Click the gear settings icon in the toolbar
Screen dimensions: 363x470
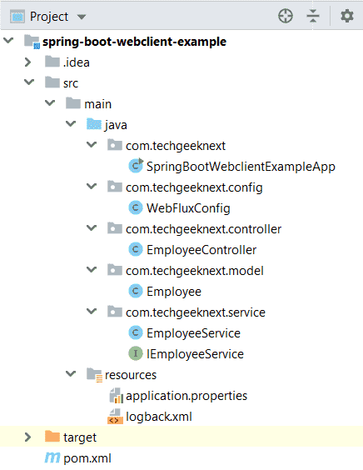pos(347,16)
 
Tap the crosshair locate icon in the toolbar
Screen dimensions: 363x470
pos(286,16)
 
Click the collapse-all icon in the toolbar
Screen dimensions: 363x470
pos(313,16)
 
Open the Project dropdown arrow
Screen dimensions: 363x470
pos(81,17)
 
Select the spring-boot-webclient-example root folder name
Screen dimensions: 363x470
pos(134,42)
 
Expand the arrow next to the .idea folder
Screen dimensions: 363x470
pos(27,62)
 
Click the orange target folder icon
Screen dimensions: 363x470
pos(52,437)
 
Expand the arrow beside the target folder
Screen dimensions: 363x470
pos(27,437)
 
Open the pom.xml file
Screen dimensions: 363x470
pos(87,458)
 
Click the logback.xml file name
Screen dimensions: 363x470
pos(159,417)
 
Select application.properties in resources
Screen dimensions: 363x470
pos(186,396)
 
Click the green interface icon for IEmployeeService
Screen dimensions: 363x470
pos(136,353)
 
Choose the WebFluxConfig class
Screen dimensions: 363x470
pos(188,208)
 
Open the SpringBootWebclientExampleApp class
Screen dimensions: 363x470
pos(241,167)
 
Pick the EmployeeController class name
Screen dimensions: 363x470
pos(201,250)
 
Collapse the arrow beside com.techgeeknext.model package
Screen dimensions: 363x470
pos(92,270)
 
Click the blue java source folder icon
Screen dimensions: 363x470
pos(94,124)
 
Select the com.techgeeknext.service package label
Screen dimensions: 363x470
pos(196,312)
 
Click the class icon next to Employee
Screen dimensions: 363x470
pos(136,291)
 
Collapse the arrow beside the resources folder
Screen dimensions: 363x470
pos(71,374)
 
